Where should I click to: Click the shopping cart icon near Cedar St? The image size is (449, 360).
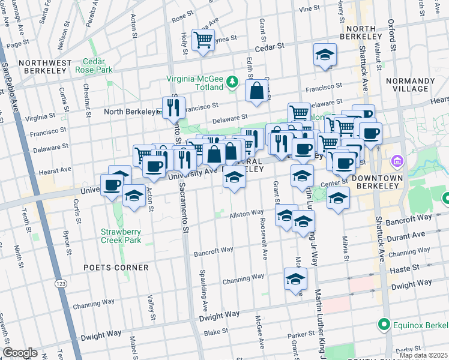click(x=203, y=40)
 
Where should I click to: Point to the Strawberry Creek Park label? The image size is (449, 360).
click(x=121, y=236)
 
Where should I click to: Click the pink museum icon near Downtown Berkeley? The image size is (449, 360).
click(x=396, y=161)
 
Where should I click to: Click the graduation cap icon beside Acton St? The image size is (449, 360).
click(x=133, y=196)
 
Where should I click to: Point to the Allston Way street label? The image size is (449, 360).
click(x=246, y=212)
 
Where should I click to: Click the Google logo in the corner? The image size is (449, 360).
click(x=20, y=352)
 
